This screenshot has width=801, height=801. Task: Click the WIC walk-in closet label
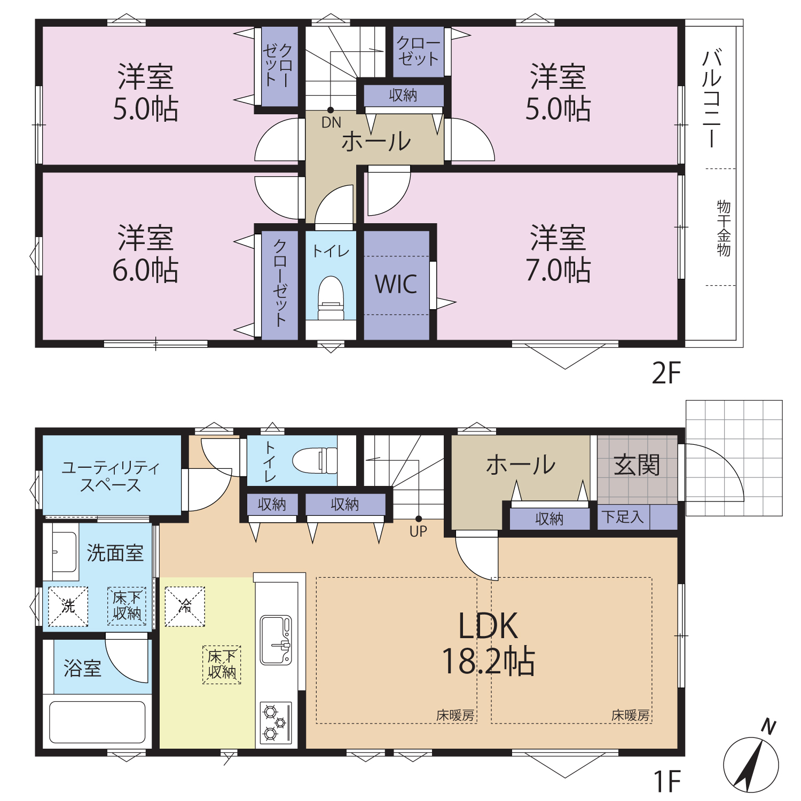click(x=396, y=284)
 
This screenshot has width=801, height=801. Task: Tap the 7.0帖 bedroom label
click(x=558, y=254)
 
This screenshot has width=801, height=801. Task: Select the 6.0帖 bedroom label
click(x=145, y=254)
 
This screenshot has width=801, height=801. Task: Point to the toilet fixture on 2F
click(x=331, y=298)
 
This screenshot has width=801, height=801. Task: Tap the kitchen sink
click(x=276, y=640)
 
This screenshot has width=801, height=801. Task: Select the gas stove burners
click(x=276, y=723)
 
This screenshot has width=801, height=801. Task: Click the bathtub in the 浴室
click(x=97, y=722)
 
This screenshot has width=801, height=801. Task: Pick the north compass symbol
click(x=752, y=760)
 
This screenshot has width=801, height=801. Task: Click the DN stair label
click(x=331, y=122)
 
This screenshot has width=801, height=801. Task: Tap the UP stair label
click(x=418, y=531)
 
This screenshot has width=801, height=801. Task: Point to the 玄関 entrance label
click(x=637, y=465)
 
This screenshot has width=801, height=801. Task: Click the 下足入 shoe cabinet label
click(x=623, y=516)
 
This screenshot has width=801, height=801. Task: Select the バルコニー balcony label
click(x=712, y=98)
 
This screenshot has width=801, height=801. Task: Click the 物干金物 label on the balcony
click(x=724, y=229)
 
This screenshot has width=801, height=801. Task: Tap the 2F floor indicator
click(x=666, y=373)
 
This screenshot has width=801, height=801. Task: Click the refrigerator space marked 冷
click(x=185, y=606)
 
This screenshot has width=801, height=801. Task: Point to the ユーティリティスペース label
click(x=111, y=476)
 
